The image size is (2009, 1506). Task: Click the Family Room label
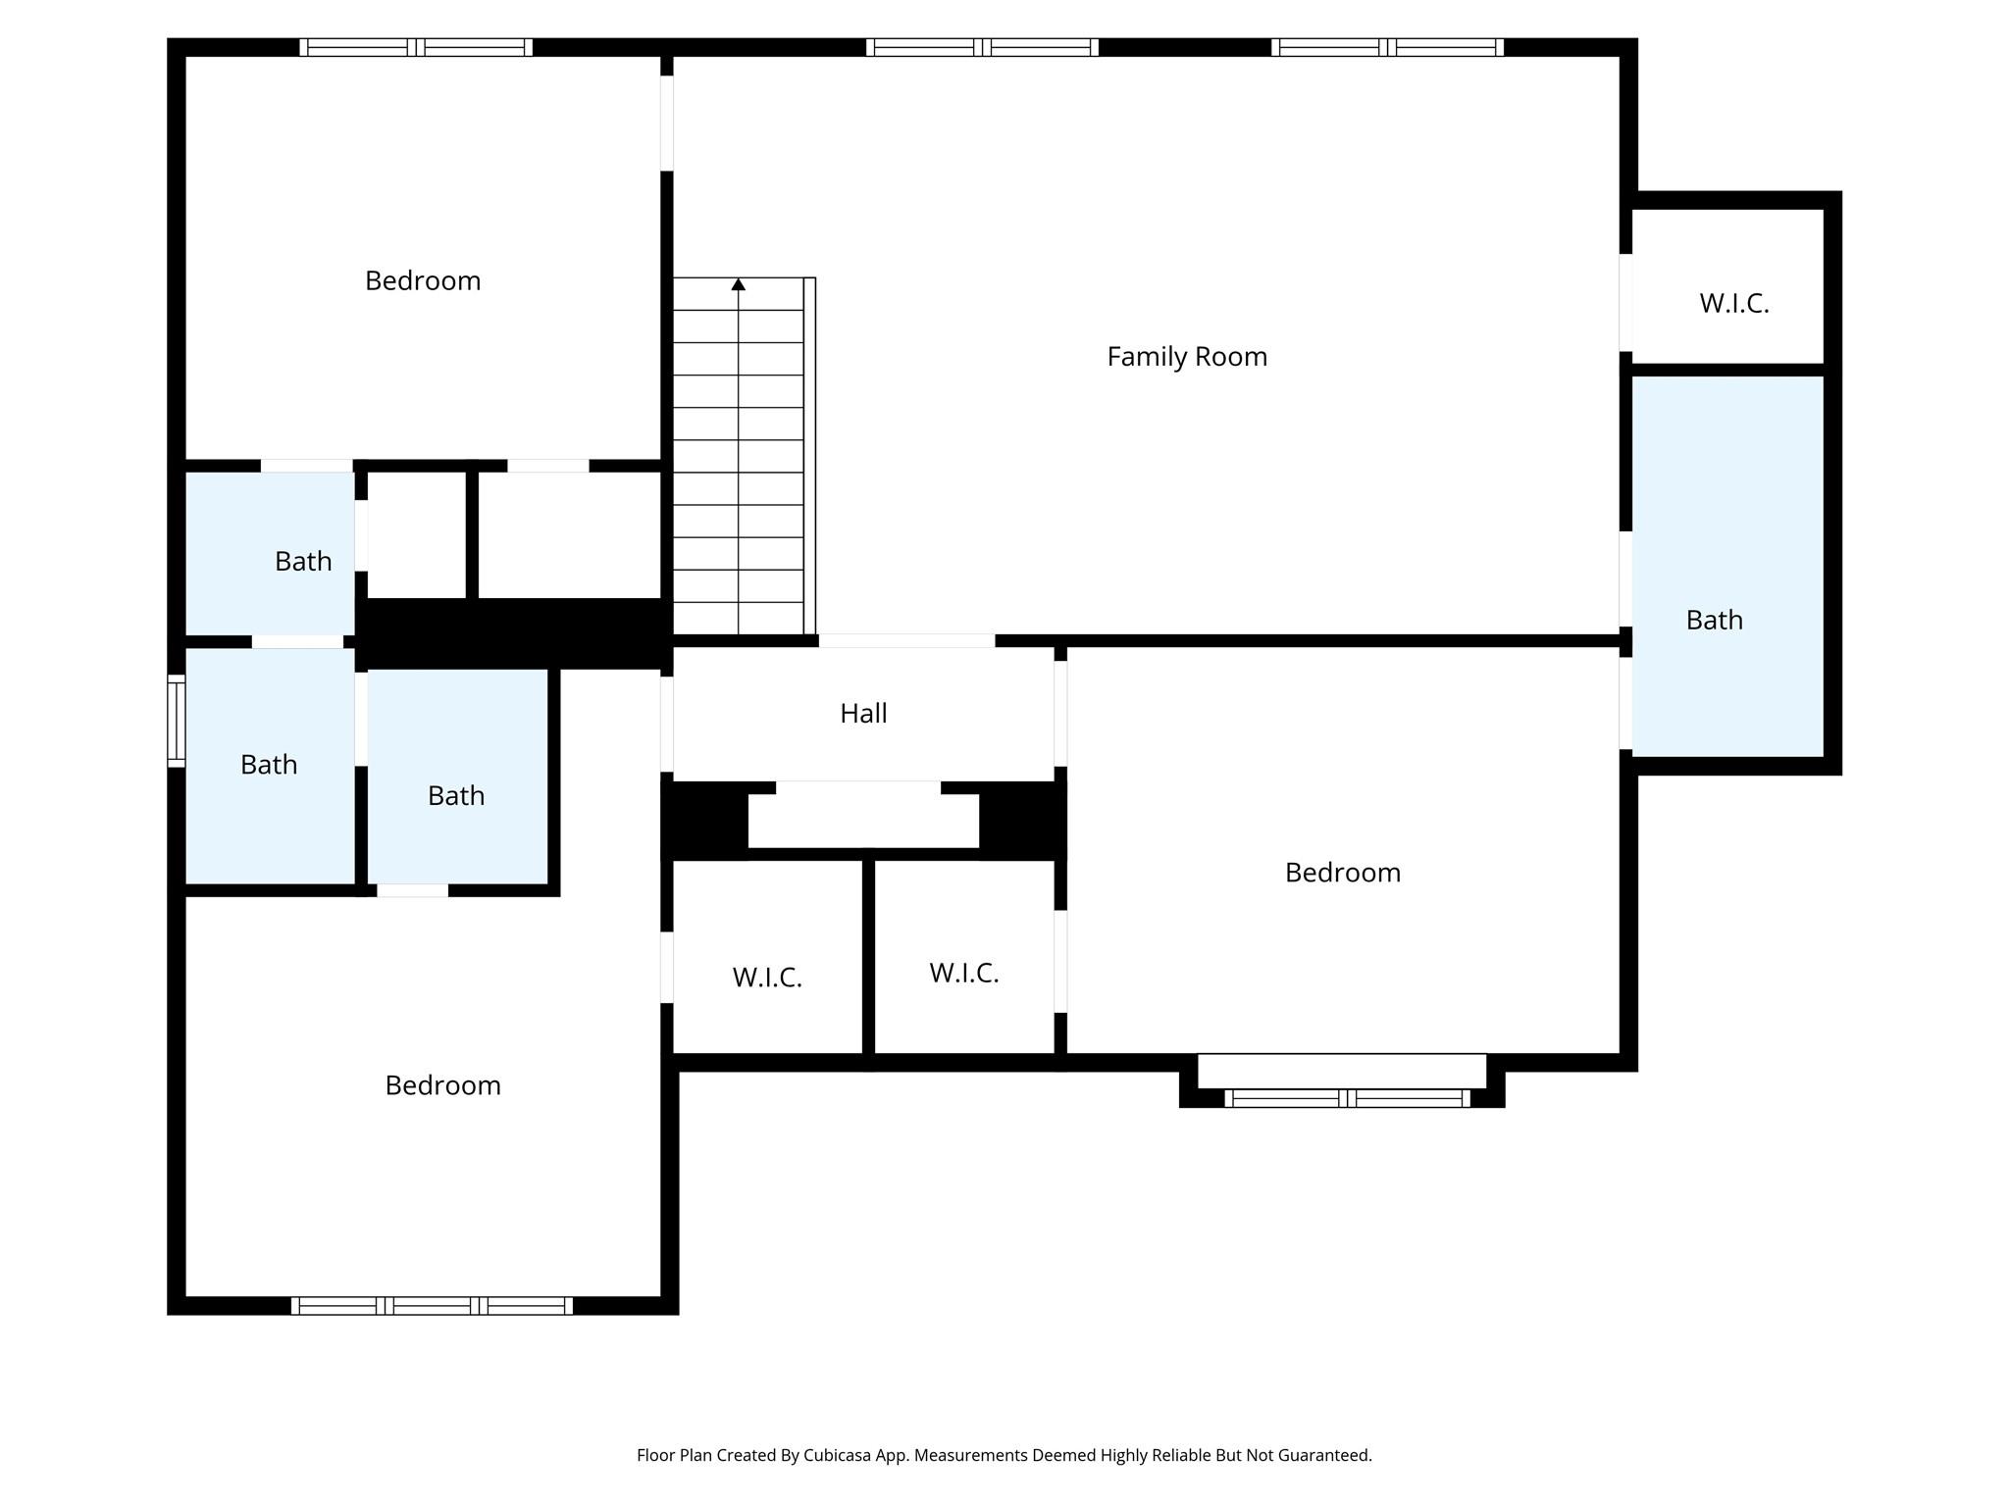tap(1187, 357)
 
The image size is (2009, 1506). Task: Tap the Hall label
tap(863, 714)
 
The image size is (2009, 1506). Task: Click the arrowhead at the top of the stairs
tap(739, 284)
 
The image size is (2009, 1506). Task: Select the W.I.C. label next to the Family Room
tap(1733, 304)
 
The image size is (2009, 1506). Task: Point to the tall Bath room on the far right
tap(1727, 567)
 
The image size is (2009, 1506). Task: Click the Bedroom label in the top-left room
tap(423, 281)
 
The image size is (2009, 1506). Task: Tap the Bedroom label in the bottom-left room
tap(442, 1085)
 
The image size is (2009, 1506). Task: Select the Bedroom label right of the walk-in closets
tap(1343, 873)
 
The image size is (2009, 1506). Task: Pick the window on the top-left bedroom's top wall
tap(416, 47)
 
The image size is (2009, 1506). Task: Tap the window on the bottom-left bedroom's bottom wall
tap(432, 1306)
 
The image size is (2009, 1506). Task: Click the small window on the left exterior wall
tap(177, 721)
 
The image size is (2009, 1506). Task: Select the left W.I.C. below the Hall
tap(767, 957)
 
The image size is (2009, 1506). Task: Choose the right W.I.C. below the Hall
tap(964, 957)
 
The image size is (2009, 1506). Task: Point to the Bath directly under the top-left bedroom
tap(270, 553)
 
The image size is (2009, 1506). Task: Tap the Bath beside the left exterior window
tap(270, 766)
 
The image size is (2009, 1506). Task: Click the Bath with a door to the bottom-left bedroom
tap(457, 777)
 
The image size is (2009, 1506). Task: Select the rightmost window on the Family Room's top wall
tap(1387, 47)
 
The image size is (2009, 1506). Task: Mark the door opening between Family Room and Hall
tap(907, 641)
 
